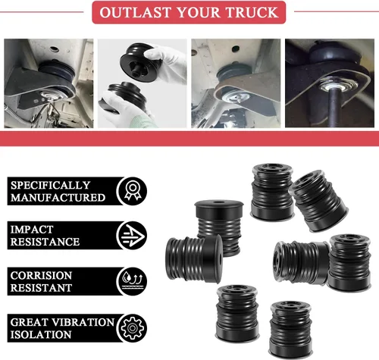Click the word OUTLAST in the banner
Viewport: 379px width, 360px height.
point(136,12)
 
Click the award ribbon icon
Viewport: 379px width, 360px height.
point(133,191)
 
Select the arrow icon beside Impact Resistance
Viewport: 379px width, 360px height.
point(133,236)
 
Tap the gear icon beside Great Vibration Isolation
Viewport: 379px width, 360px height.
point(133,328)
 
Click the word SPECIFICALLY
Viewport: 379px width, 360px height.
point(50,185)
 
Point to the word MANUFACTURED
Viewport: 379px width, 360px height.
point(58,198)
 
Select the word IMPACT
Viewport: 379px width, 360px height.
point(32,230)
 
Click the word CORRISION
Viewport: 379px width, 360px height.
point(41,276)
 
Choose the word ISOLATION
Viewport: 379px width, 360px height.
point(41,335)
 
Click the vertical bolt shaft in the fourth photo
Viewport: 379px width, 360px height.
point(334,107)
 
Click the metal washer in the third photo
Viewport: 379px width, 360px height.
point(235,96)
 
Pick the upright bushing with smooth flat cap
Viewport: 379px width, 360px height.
point(219,222)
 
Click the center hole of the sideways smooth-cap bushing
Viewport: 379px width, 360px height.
point(219,259)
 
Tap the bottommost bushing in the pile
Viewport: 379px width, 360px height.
point(291,329)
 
